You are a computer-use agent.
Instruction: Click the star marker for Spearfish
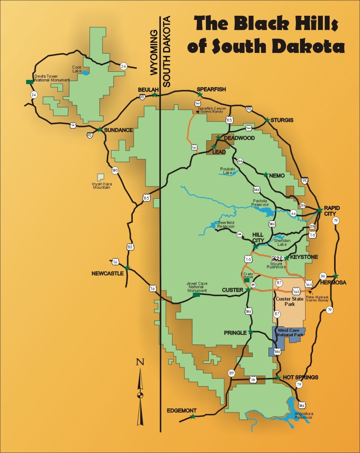[200, 95]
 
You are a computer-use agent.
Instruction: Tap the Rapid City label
[333, 211]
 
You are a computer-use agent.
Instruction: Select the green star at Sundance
[100, 129]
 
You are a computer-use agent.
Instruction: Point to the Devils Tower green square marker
[28, 82]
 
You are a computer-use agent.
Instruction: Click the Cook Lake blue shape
[86, 73]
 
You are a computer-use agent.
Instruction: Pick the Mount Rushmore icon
[277, 258]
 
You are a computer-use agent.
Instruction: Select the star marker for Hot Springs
[278, 378]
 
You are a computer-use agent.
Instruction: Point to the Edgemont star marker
[193, 417]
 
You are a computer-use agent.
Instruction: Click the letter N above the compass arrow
[140, 362]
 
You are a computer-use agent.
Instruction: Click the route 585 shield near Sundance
[115, 170]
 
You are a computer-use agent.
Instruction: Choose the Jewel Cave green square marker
[196, 295]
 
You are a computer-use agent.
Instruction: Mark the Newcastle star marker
[127, 268]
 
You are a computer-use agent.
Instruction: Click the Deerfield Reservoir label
[226, 224]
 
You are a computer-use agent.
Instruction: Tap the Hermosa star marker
[336, 276]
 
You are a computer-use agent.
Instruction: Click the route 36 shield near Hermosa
[322, 276]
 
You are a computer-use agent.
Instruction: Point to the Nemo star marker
[265, 175]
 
